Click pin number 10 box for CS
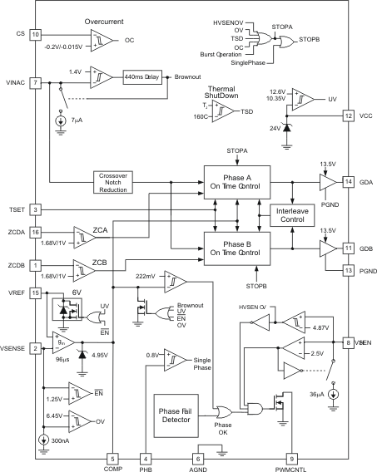(35, 35)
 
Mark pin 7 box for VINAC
(35, 83)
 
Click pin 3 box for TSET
(35, 209)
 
